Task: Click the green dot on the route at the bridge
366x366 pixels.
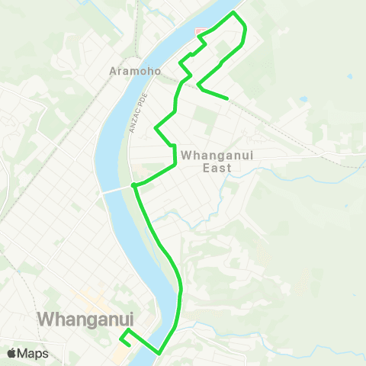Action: click(133, 185)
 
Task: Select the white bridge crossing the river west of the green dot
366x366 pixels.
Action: click(114, 190)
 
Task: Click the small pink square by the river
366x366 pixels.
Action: click(201, 33)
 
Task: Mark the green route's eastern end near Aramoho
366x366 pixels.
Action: click(228, 98)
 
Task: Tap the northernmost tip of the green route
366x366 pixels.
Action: click(233, 13)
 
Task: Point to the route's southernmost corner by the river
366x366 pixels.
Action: click(159, 353)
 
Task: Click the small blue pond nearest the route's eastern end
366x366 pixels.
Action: click(303, 99)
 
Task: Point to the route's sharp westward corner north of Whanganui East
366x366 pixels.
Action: click(156, 127)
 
